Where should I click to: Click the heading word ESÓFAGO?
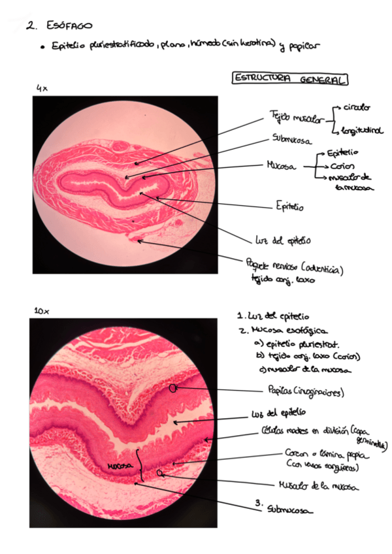70,26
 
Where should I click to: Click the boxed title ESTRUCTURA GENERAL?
290,79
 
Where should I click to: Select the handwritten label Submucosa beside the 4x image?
291,139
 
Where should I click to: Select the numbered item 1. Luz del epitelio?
274,317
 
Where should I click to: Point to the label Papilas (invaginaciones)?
306,392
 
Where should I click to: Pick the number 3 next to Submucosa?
259,503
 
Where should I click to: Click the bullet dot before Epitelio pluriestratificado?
41,47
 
